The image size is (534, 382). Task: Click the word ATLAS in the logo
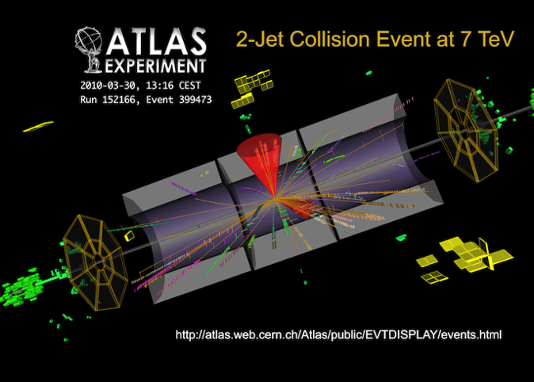[156, 41]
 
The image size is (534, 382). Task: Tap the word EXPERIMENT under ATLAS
[155, 66]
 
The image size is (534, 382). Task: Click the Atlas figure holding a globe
[89, 50]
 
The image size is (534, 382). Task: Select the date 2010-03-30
[108, 85]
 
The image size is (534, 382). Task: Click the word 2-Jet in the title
[260, 39]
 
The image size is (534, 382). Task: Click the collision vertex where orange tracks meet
[275, 198]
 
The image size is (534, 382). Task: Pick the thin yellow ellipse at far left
[38, 127]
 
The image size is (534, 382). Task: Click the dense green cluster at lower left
[23, 288]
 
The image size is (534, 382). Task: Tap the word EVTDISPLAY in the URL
[401, 334]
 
